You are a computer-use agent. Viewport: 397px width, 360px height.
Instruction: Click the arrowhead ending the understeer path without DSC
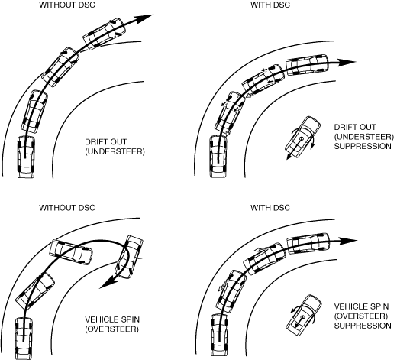[x=144, y=18]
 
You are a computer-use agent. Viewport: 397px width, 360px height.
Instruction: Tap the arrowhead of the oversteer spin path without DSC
[x=106, y=283]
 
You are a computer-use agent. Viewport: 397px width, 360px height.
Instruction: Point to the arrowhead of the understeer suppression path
[x=347, y=62]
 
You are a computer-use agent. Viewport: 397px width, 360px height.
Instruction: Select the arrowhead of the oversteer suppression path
[x=348, y=241]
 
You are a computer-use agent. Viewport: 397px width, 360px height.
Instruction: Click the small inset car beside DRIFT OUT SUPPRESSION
[x=302, y=137]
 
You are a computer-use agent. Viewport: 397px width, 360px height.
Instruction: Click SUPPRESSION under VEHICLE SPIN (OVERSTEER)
[x=363, y=326]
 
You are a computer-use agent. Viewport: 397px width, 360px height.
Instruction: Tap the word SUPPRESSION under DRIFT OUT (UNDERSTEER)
[x=363, y=146]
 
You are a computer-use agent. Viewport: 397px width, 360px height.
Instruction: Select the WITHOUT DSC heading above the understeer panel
[x=67, y=5]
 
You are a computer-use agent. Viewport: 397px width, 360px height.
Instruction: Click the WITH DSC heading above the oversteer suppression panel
[x=270, y=208]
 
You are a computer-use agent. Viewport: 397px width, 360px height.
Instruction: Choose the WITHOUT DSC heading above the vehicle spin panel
[x=67, y=208]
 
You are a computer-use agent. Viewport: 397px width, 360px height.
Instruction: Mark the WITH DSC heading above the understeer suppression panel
[x=270, y=5]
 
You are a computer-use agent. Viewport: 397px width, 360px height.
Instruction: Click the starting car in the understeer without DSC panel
[x=26, y=157]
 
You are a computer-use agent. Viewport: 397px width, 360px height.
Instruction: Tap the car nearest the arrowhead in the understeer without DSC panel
[x=105, y=33]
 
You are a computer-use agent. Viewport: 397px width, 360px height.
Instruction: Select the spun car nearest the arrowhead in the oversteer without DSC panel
[x=129, y=258]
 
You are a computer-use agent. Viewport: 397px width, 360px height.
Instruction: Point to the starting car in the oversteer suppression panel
[x=219, y=336]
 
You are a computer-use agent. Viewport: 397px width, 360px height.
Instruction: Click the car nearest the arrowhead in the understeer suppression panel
[x=307, y=64]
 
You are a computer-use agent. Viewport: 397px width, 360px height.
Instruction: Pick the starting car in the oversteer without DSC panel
[x=24, y=338]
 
